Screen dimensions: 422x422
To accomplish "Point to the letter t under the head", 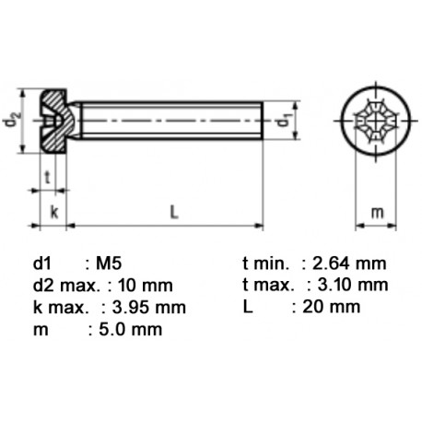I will (46, 178).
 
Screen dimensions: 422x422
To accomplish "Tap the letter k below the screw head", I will (53, 213).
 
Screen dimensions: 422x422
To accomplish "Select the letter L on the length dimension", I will (172, 213).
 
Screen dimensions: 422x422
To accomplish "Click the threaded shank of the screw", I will (170, 121).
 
